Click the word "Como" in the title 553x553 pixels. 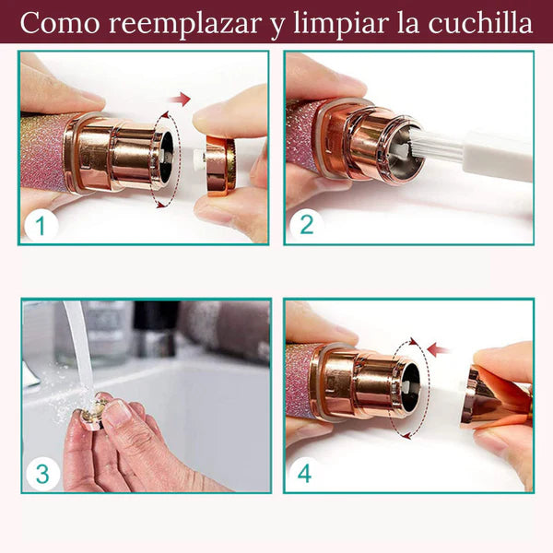(58, 22)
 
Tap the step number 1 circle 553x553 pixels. (40, 224)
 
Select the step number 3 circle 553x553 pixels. (41, 473)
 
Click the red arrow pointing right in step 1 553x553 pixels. (181, 99)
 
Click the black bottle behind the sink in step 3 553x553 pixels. (153, 327)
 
